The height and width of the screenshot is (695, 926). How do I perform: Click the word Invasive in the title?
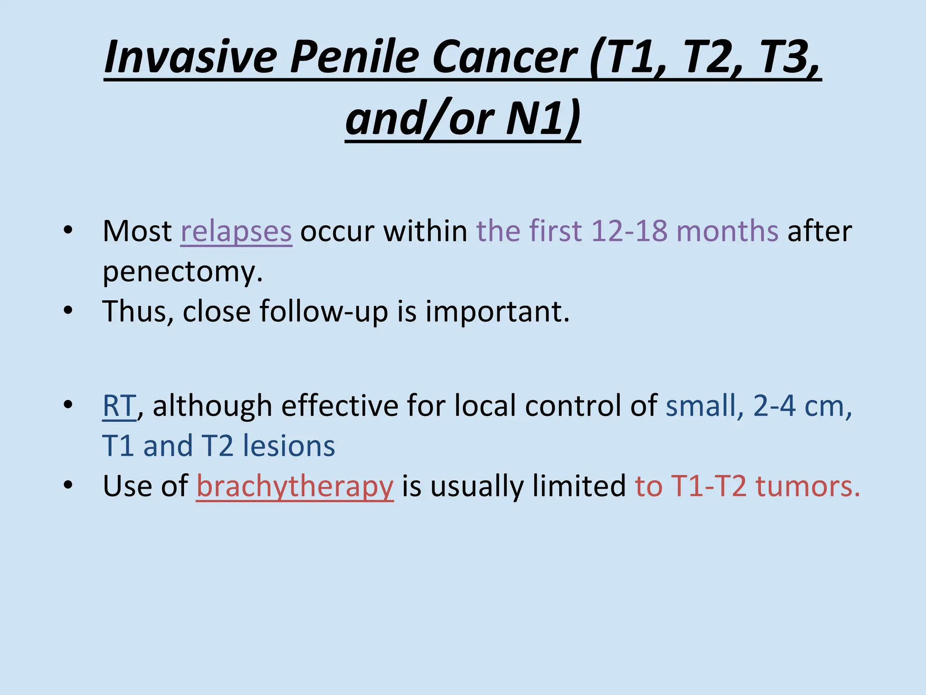[x=190, y=57]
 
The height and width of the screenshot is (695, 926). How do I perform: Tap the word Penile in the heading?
[x=354, y=57]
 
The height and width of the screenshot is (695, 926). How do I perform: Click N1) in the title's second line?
[x=543, y=119]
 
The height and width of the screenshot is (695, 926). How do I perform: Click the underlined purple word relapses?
[x=236, y=231]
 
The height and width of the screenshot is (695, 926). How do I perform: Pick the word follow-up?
[x=324, y=312]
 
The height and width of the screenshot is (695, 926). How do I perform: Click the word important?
[x=497, y=312]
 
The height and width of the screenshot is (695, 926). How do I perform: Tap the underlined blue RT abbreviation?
[x=119, y=406]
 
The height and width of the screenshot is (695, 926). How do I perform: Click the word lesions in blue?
[x=289, y=446]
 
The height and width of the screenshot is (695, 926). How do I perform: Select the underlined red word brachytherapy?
[x=295, y=486]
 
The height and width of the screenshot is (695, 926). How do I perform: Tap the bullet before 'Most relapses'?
[x=68, y=230]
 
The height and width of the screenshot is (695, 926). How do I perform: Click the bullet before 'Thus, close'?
[x=68, y=311]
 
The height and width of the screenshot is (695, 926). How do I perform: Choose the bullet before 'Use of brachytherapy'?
[x=68, y=486]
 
